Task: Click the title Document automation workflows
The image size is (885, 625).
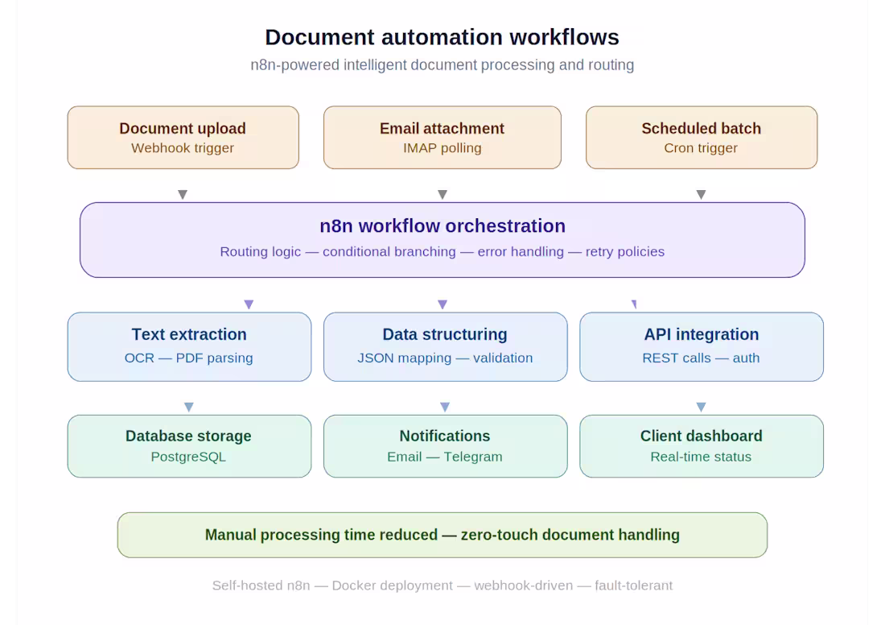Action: click(442, 37)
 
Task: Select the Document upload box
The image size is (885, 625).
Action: click(183, 137)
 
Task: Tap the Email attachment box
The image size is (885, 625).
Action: click(442, 137)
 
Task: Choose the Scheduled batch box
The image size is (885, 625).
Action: click(701, 137)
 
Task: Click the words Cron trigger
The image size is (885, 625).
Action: click(701, 148)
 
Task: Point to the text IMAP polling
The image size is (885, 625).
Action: click(442, 148)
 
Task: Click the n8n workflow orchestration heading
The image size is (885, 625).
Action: click(442, 226)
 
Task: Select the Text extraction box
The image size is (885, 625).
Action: click(189, 346)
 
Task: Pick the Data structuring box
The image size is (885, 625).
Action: click(445, 346)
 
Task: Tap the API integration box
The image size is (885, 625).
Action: click(701, 346)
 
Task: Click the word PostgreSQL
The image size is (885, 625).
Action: click(188, 457)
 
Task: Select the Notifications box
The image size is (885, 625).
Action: click(445, 445)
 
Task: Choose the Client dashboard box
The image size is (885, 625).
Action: click(701, 445)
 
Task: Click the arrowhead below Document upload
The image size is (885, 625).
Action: click(183, 194)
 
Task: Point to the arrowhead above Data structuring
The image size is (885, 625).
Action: click(442, 304)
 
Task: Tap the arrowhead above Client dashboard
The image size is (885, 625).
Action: click(701, 407)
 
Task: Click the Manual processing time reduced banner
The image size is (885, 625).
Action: click(442, 535)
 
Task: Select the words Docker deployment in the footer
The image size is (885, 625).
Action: click(392, 586)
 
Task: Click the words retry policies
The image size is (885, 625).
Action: click(624, 251)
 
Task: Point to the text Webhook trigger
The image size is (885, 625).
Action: click(183, 148)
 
